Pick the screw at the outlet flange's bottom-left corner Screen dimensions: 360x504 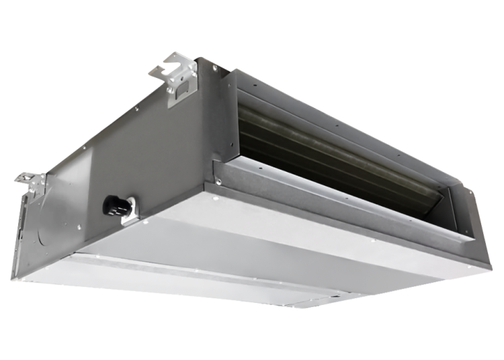[x=218, y=181]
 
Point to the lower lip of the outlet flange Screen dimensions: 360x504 [x=336, y=201]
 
